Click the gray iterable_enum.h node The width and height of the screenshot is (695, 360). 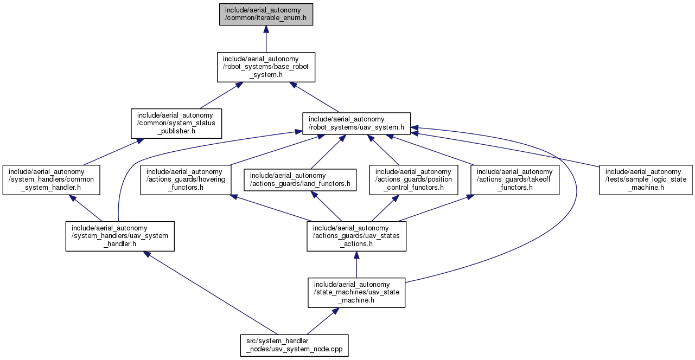tap(266, 14)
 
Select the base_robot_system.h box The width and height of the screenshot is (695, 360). tap(266, 67)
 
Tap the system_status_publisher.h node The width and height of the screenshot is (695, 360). tap(176, 124)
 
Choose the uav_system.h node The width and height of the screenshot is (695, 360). tap(356, 124)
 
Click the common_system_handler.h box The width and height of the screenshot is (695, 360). tap(51, 180)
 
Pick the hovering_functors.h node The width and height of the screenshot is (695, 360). tap(186, 180)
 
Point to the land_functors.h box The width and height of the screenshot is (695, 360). tap(299, 180)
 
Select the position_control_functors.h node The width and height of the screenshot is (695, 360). tap(413, 180)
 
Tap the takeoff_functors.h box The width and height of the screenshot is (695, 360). tap(515, 180)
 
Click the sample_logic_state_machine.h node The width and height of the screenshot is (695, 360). tap(646, 180)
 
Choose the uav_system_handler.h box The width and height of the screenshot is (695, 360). tap(120, 236)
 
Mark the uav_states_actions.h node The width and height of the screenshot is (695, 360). tap(356, 236)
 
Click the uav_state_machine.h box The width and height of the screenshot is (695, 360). tap(356, 293)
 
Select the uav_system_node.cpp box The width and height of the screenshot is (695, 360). tap(294, 345)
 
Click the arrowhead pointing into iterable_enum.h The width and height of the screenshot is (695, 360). tap(266, 29)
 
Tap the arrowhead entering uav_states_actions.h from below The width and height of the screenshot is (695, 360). tap(356, 255)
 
